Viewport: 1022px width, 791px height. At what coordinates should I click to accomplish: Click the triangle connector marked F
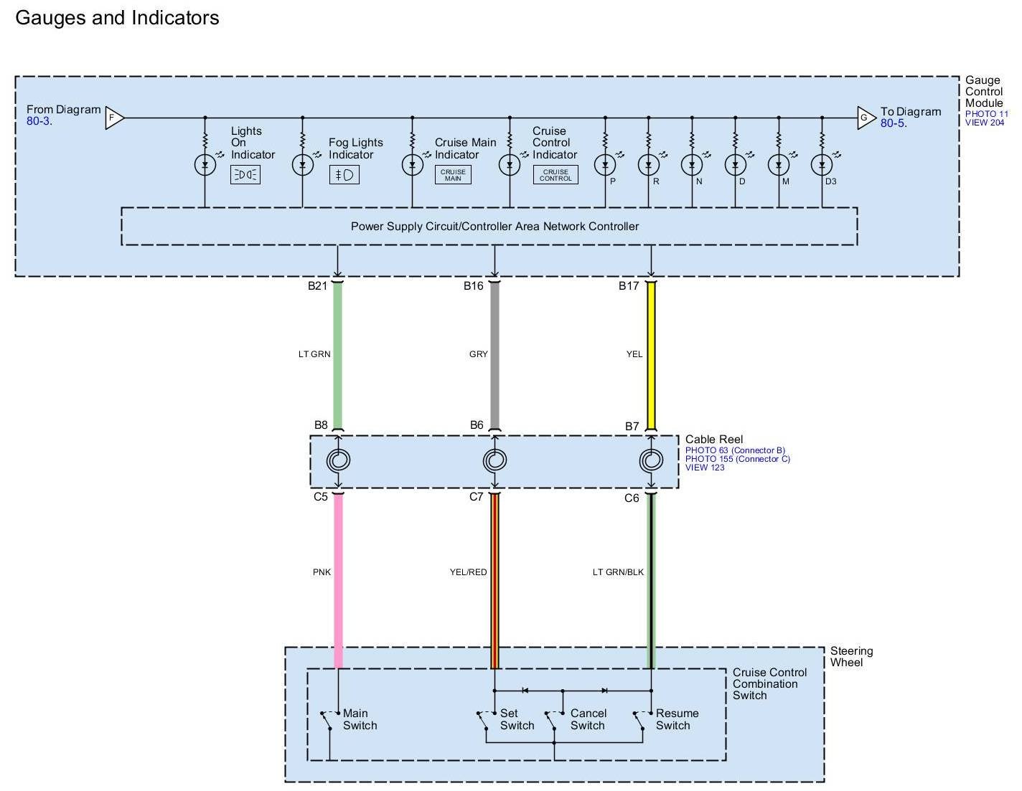tap(113, 118)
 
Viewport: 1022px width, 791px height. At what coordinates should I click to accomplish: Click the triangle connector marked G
tap(866, 118)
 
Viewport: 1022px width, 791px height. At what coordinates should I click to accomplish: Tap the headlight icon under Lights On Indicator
tap(245, 175)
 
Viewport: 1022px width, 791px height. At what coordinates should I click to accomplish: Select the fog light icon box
tap(344, 175)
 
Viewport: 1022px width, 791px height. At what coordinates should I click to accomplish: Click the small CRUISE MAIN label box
tap(453, 175)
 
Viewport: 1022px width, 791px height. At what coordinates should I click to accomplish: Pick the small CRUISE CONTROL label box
tap(555, 175)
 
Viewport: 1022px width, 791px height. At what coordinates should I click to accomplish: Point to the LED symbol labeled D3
tap(822, 164)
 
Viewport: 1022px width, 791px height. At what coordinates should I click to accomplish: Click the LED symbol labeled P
tap(605, 164)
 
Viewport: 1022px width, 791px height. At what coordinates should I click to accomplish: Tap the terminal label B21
tap(317, 285)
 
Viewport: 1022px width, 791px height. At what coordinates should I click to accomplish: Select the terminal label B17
tap(629, 285)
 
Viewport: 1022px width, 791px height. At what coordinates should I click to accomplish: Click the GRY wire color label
tap(478, 354)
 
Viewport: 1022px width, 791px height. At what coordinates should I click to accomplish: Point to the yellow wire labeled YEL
tap(651, 356)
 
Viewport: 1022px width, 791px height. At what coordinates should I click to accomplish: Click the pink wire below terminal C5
tap(338, 581)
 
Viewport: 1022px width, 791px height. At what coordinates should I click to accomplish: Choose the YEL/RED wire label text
tap(468, 572)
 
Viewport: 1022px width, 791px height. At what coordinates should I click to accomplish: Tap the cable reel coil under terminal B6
tap(494, 460)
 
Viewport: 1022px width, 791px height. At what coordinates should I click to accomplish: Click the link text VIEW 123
tap(705, 468)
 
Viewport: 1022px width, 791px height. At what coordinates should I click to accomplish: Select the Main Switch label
tap(360, 719)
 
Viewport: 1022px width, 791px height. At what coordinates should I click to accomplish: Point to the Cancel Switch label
tap(589, 719)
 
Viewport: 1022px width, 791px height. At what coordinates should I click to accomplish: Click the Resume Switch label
tap(678, 719)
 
